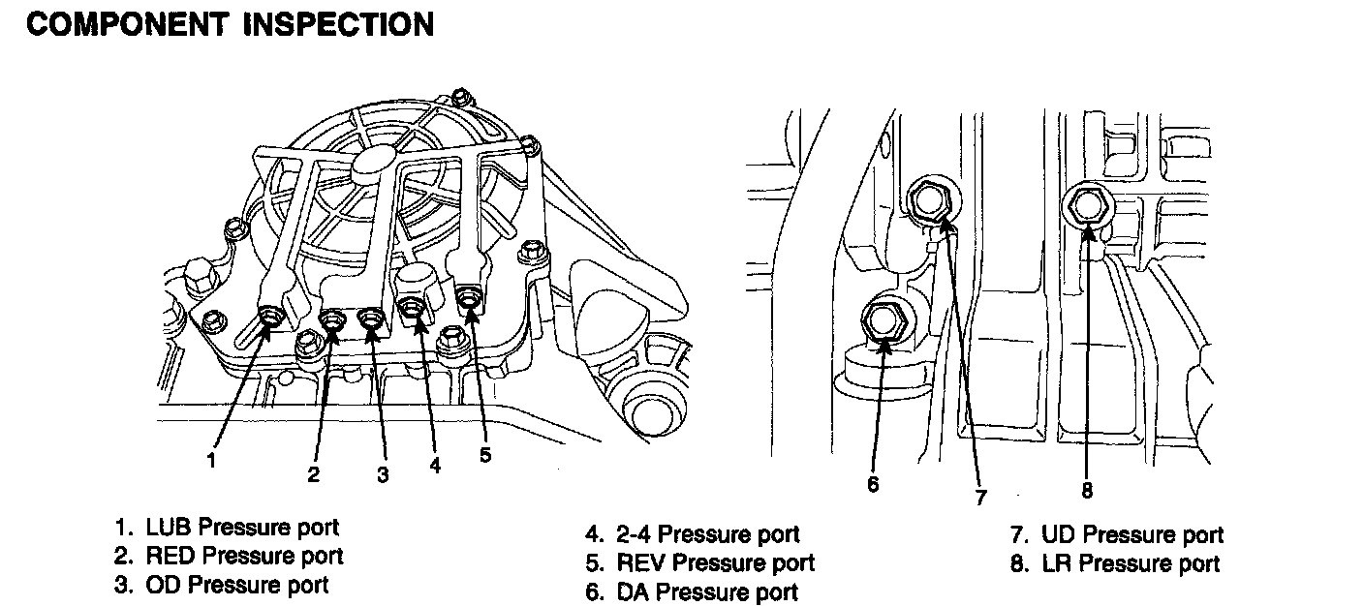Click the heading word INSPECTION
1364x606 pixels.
[x=330, y=23]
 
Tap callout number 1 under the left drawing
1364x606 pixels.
[x=210, y=461]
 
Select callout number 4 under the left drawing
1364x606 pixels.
[x=435, y=466]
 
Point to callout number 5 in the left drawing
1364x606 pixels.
[x=485, y=453]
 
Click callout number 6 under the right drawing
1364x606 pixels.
[x=873, y=483]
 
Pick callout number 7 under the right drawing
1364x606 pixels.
[x=980, y=498]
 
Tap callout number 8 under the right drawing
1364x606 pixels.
[x=1087, y=491]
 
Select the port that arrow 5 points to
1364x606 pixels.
[x=469, y=295]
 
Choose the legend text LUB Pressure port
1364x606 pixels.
[x=242, y=528]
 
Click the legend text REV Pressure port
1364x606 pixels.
[x=715, y=562]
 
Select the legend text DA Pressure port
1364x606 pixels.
[x=706, y=591]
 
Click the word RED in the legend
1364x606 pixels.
[x=170, y=556]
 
